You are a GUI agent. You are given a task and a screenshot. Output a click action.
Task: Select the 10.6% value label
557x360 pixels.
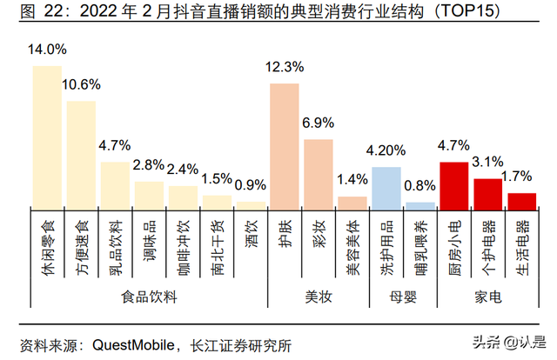[81, 84]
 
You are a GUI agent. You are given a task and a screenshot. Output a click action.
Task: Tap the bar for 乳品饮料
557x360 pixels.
[115, 184]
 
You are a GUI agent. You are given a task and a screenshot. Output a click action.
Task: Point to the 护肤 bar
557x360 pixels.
[284, 145]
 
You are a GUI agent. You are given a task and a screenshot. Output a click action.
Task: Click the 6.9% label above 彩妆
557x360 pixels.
[318, 123]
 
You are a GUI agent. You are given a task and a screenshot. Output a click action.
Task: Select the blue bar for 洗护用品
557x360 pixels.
[386, 187]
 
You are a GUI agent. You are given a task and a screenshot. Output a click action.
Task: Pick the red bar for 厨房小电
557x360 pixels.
[453, 184]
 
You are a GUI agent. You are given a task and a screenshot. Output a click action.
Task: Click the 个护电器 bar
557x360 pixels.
[487, 193]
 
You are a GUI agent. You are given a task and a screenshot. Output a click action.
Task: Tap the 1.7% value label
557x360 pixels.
[521, 177]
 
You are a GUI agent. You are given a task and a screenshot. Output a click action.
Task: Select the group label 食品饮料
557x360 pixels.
[149, 297]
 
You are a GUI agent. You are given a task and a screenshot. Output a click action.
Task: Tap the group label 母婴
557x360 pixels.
[403, 297]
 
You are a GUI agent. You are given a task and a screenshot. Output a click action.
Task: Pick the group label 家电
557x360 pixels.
[487, 297]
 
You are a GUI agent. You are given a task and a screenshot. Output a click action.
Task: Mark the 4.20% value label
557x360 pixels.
[386, 150]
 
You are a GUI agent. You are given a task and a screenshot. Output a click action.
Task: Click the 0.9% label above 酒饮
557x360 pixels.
[251, 185]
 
